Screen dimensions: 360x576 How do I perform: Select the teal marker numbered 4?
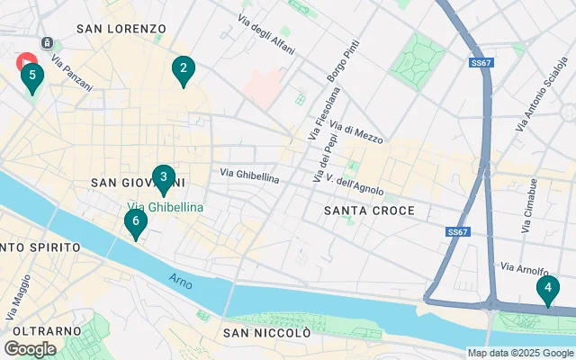coord(547,290)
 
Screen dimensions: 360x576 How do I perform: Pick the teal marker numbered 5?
coord(32,76)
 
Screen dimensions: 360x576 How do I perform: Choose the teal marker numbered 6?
coord(135,222)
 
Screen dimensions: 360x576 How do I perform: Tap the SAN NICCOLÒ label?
coord(267,333)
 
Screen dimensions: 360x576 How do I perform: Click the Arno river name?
coord(181,280)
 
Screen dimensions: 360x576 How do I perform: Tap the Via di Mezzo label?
coord(356,133)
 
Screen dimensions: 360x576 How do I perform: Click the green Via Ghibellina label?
coord(164,207)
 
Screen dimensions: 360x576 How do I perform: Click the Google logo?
coord(30,348)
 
